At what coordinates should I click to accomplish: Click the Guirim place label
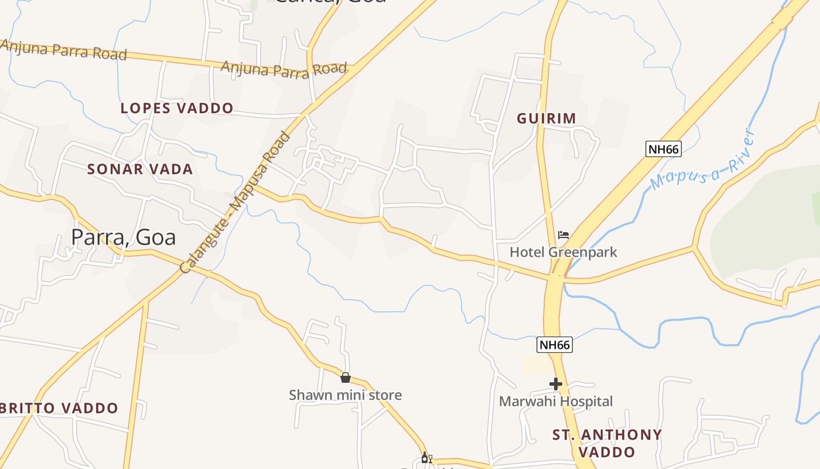click(546, 118)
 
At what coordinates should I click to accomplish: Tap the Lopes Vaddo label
click(177, 108)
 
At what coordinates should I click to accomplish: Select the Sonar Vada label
click(140, 169)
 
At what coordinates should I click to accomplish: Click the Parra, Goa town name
click(124, 237)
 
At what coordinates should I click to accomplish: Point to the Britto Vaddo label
click(59, 408)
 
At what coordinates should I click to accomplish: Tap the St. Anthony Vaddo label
click(607, 443)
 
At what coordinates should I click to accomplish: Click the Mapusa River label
click(702, 162)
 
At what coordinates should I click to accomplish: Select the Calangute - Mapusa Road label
click(235, 203)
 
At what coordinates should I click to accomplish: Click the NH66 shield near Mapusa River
click(664, 149)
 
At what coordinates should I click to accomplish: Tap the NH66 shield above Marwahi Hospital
click(555, 345)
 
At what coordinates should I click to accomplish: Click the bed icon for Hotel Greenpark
click(563, 235)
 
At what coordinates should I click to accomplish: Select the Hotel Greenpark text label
click(563, 252)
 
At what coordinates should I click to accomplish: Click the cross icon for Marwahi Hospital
click(556, 385)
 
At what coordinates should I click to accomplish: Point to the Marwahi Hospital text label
click(556, 402)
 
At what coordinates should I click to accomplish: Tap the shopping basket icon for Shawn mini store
click(346, 378)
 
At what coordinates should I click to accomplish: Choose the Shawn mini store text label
click(346, 395)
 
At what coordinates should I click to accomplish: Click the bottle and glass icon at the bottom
click(426, 458)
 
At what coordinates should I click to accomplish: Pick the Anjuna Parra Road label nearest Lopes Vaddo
click(283, 69)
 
